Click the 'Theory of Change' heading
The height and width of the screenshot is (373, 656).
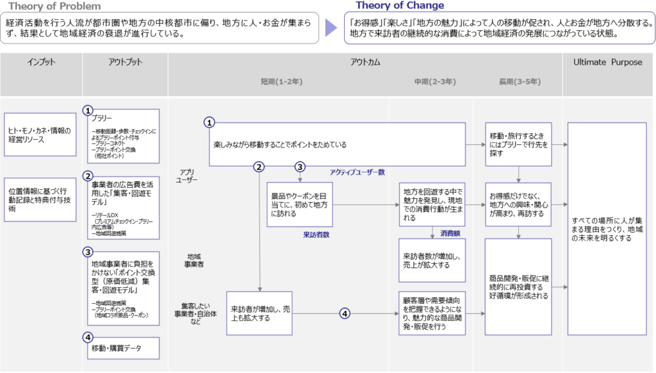(x=400, y=6)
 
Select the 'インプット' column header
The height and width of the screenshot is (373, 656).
(x=41, y=62)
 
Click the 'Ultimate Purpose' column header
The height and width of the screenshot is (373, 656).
(x=607, y=62)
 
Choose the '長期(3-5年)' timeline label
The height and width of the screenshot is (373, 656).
(x=519, y=82)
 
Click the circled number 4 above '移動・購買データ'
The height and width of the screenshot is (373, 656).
(x=88, y=336)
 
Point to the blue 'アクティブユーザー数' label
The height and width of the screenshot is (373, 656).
(x=357, y=172)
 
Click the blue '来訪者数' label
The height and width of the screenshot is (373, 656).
(x=316, y=235)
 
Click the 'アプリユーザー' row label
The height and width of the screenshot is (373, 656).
(x=187, y=176)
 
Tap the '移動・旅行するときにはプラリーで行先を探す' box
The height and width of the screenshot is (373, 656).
(x=518, y=140)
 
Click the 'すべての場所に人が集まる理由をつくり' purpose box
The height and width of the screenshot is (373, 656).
(x=607, y=229)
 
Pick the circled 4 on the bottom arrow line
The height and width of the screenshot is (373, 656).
(x=345, y=313)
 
